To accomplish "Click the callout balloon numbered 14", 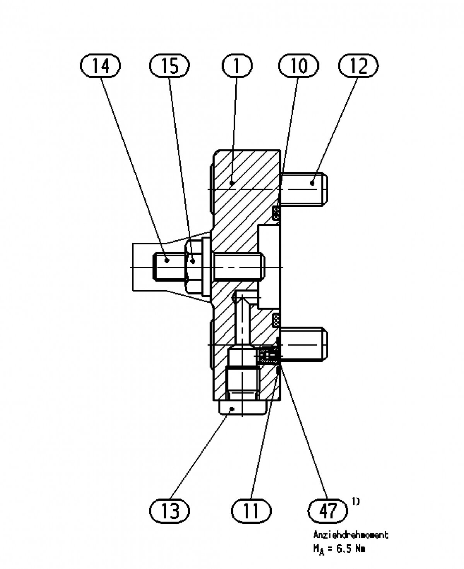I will pos(100,66).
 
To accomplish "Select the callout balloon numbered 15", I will pos(170,66).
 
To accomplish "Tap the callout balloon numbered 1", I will pos(236,66).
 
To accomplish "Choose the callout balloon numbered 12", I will pos(358,66).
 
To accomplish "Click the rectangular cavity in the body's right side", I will pos(270,266).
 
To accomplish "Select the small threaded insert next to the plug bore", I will pos(268,355).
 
